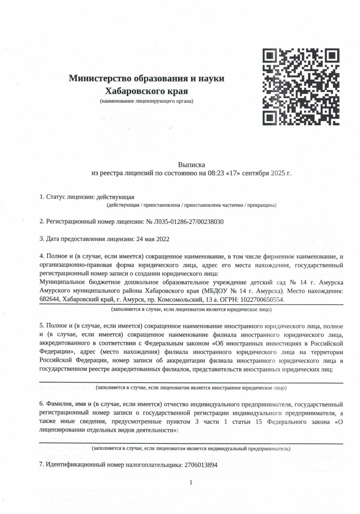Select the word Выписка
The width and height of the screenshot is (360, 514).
click(x=191, y=165)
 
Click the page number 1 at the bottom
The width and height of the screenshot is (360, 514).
click(x=191, y=482)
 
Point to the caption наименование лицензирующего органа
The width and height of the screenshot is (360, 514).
click(x=146, y=101)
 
